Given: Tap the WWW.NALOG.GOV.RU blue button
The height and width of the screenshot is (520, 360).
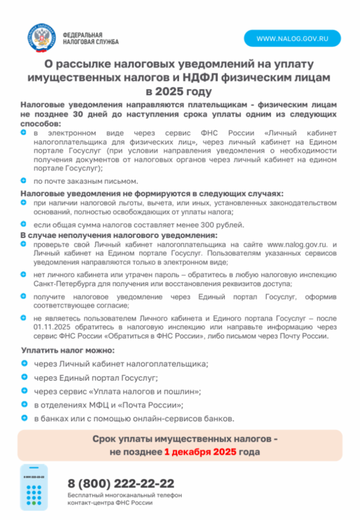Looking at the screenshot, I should point(292,38).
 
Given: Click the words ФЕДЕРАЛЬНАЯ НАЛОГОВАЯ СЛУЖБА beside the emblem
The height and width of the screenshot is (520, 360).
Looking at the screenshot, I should point(90,38).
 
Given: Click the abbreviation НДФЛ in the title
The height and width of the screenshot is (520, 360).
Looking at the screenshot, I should point(214,78).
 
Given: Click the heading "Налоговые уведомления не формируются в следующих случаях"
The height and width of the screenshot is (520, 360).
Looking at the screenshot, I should point(151,193).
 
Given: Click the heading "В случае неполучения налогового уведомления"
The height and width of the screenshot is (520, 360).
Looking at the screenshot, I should point(119,235).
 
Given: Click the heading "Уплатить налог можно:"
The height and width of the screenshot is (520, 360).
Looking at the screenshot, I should point(68,350).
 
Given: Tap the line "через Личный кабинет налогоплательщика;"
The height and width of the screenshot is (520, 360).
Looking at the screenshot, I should point(121,364).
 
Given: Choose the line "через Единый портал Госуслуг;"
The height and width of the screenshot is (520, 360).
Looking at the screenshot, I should point(96,378).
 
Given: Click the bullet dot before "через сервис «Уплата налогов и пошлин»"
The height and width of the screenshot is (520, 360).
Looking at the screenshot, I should point(24,391).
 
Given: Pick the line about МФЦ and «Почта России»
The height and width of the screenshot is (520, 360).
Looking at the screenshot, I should point(108,405).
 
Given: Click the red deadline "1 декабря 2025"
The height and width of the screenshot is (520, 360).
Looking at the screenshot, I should point(200,451).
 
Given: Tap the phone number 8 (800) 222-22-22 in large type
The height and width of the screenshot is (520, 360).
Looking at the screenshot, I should point(121,482).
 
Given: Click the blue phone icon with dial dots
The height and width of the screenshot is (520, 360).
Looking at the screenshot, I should point(34,486).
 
